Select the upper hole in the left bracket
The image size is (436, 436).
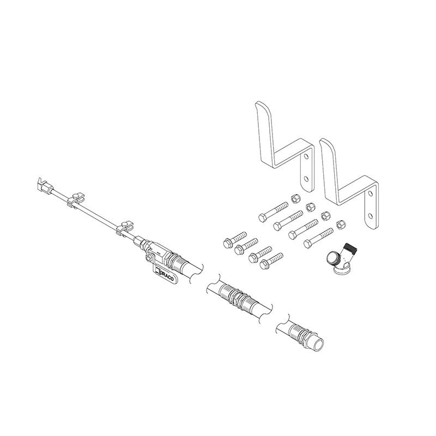click(306, 157)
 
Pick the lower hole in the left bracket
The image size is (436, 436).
click(306, 178)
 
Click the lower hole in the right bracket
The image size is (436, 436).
click(370, 215)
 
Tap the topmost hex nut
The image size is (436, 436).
click(294, 198)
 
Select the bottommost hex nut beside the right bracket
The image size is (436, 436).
click(340, 225)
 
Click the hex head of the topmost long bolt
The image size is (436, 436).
click(262, 217)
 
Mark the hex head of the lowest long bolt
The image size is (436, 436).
click(307, 244)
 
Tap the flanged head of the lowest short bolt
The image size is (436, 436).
click(264, 264)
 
